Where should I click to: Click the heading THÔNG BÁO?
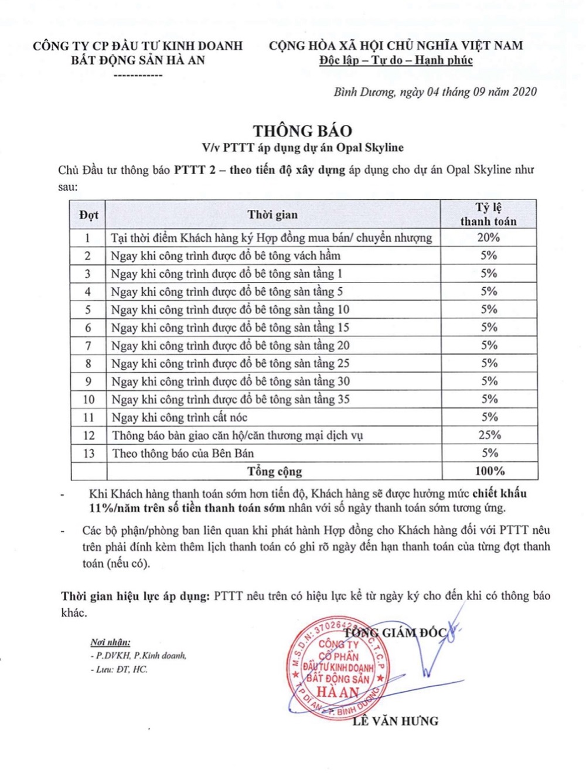click(x=302, y=131)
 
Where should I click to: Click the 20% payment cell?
click(x=488, y=237)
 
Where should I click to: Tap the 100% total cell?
click(x=489, y=471)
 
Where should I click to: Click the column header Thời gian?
click(x=272, y=214)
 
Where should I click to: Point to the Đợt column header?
click(x=88, y=214)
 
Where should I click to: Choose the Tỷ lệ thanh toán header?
click(x=488, y=214)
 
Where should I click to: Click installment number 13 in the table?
click(x=88, y=453)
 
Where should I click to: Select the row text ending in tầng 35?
click(x=230, y=399)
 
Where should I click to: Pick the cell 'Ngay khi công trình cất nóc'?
click(x=179, y=417)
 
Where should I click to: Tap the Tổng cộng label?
click(x=274, y=471)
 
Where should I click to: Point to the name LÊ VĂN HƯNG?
click(x=396, y=721)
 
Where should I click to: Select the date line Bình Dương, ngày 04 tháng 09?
click(x=435, y=91)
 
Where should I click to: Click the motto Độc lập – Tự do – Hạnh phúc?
click(x=396, y=60)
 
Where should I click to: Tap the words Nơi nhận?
click(x=110, y=642)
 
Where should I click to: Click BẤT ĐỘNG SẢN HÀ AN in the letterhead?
click(x=138, y=60)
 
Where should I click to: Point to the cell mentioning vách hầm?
click(x=226, y=256)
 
